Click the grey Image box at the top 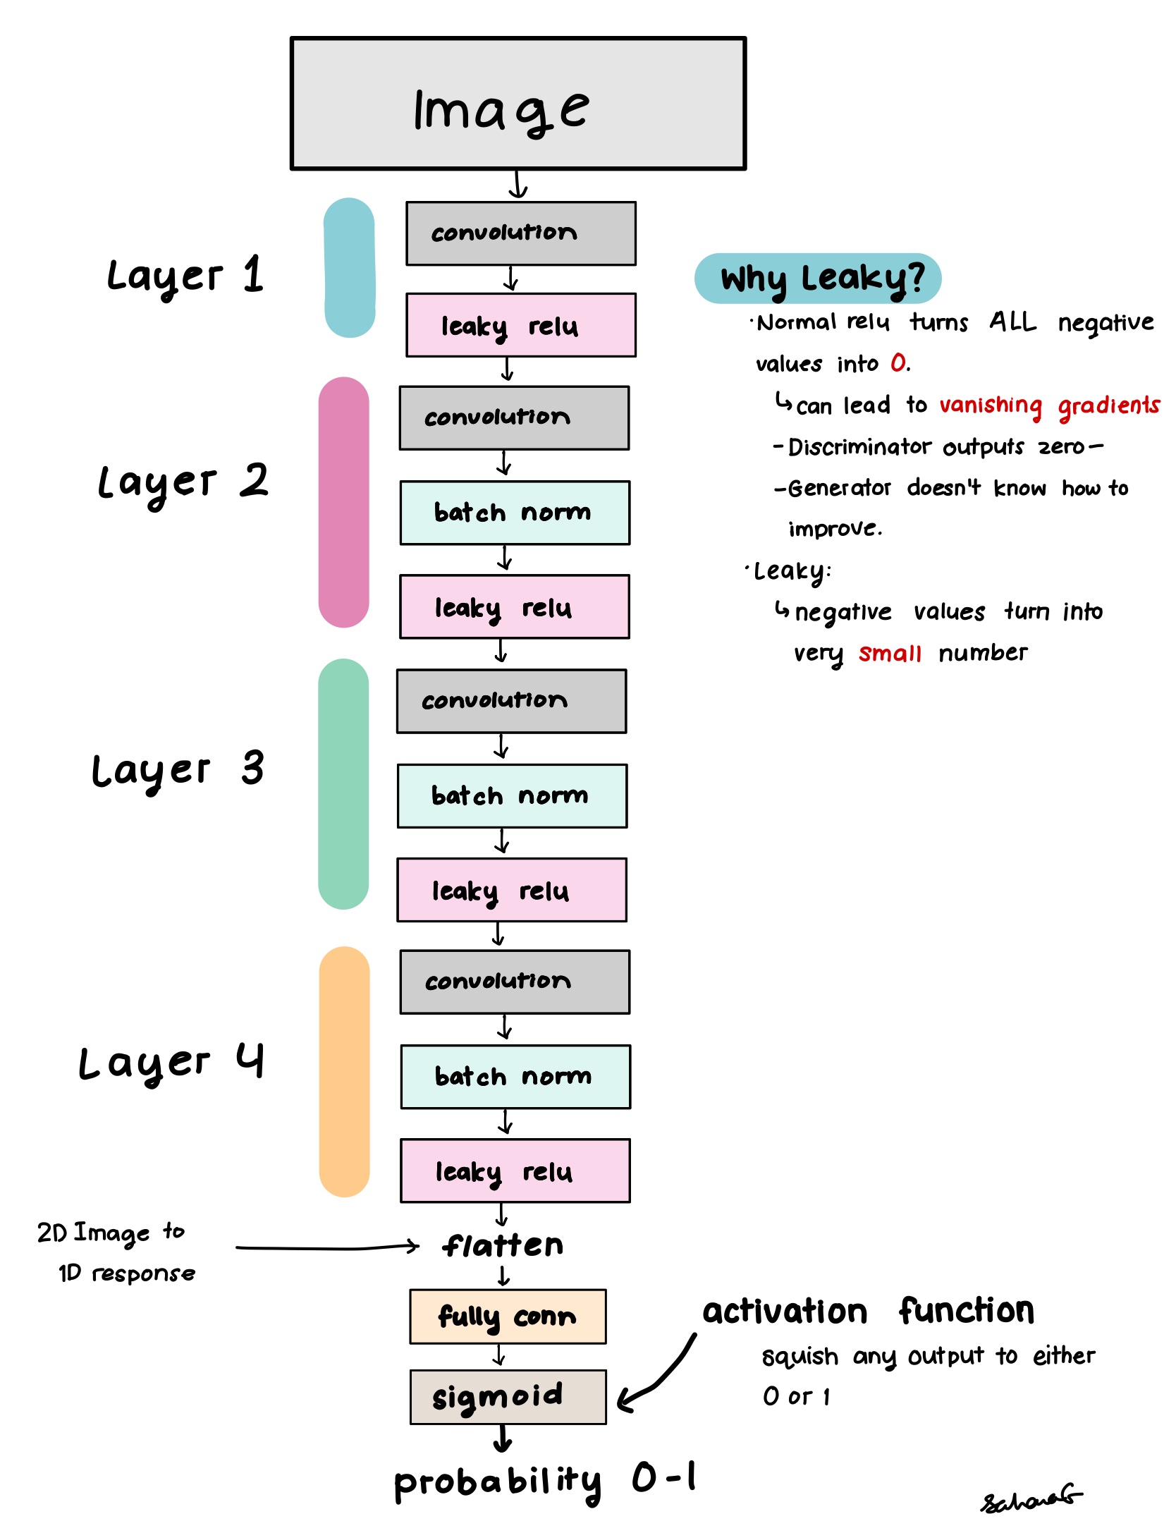(518, 104)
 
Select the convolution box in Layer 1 (520, 233)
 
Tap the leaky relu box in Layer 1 (520, 325)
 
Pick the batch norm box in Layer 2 (515, 513)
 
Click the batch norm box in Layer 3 (512, 795)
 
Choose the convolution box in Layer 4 (515, 982)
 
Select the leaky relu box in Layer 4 (515, 1171)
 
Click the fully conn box (508, 1317)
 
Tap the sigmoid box (508, 1397)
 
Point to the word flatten (503, 1246)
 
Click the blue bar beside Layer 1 (349, 268)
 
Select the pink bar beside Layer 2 (343, 502)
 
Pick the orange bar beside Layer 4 (344, 1072)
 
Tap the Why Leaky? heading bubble (818, 279)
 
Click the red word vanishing (990, 405)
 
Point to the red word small (890, 654)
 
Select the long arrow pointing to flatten (328, 1248)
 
